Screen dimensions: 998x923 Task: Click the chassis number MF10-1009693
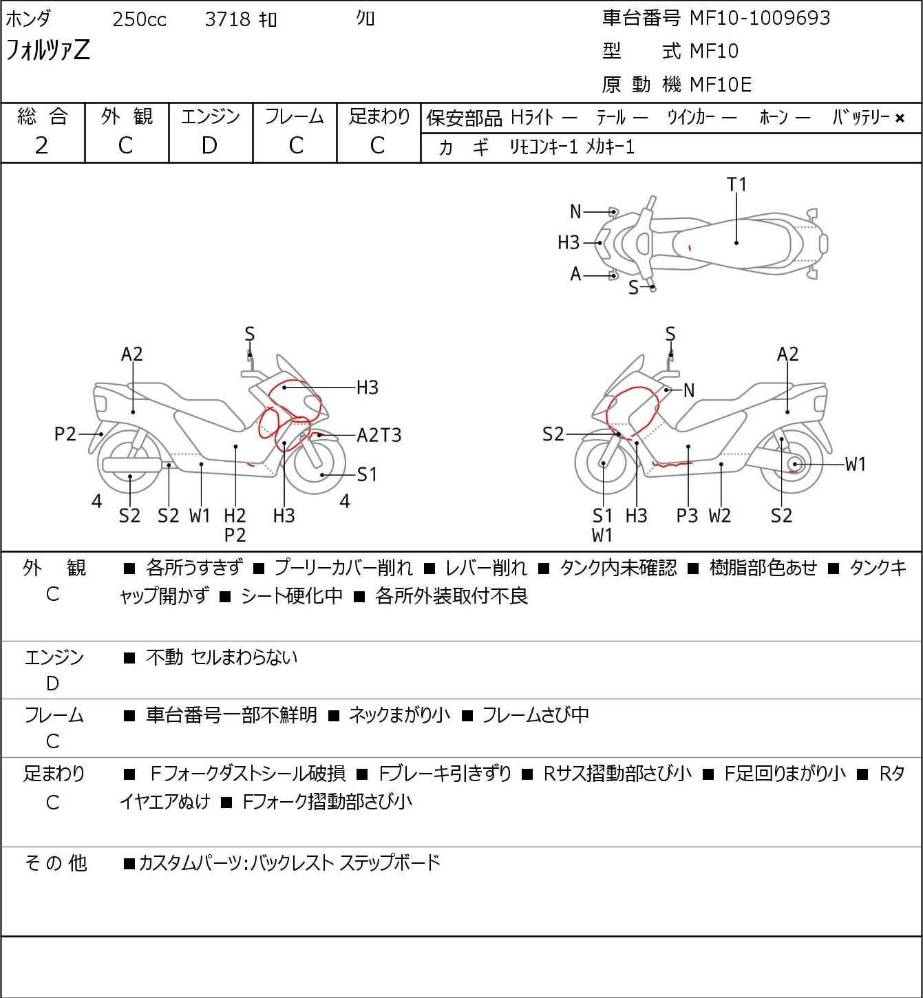click(x=760, y=18)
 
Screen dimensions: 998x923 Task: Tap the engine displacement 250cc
click(x=139, y=20)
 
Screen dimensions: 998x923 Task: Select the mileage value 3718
click(x=228, y=20)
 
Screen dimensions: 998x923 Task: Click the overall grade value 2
click(x=41, y=145)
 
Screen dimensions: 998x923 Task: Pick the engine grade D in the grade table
click(x=209, y=145)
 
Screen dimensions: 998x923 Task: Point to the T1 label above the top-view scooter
click(x=736, y=184)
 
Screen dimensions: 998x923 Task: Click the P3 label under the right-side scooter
click(x=687, y=516)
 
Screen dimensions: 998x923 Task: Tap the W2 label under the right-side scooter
click(x=720, y=516)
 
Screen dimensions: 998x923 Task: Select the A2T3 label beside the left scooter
click(x=379, y=435)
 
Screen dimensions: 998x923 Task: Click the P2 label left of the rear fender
click(x=65, y=434)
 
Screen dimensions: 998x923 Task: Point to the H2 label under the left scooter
click(x=235, y=516)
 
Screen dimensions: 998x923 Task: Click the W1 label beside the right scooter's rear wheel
click(x=855, y=465)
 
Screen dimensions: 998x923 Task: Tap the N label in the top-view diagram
click(x=575, y=212)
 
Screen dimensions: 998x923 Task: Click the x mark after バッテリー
click(x=900, y=118)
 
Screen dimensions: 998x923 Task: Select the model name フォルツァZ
click(x=48, y=51)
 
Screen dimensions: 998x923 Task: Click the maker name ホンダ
click(x=28, y=19)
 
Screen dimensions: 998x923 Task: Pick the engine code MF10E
click(x=721, y=85)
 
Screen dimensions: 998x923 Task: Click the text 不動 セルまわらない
click(x=222, y=657)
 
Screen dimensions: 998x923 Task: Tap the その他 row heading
click(x=55, y=862)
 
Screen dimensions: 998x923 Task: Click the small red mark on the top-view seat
click(x=690, y=246)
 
